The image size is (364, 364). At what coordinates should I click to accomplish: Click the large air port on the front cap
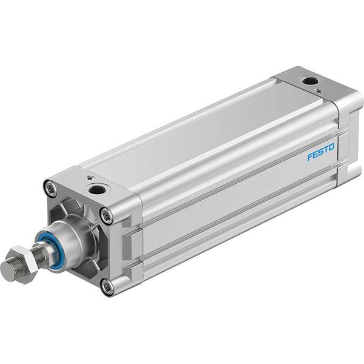coord(95,190)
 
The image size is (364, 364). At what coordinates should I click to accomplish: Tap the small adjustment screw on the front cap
coord(90,179)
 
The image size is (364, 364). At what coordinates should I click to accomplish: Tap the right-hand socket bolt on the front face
coord(107,213)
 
